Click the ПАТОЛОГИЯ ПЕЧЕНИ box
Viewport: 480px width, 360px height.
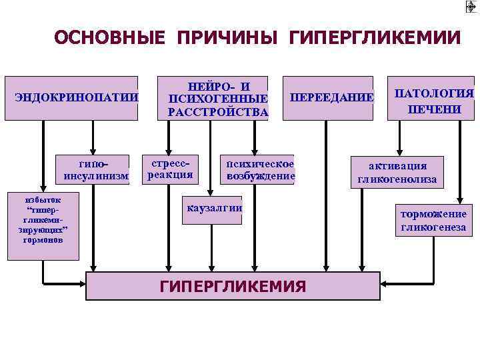tap(434, 101)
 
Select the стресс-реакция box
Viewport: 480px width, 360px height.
tap(171, 169)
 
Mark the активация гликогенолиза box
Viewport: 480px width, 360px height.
tap(397, 172)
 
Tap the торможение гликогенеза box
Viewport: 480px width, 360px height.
tap(433, 221)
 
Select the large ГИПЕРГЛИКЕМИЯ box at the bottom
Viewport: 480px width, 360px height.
tap(233, 286)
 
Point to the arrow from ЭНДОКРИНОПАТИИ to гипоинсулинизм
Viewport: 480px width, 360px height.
tap(93, 137)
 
